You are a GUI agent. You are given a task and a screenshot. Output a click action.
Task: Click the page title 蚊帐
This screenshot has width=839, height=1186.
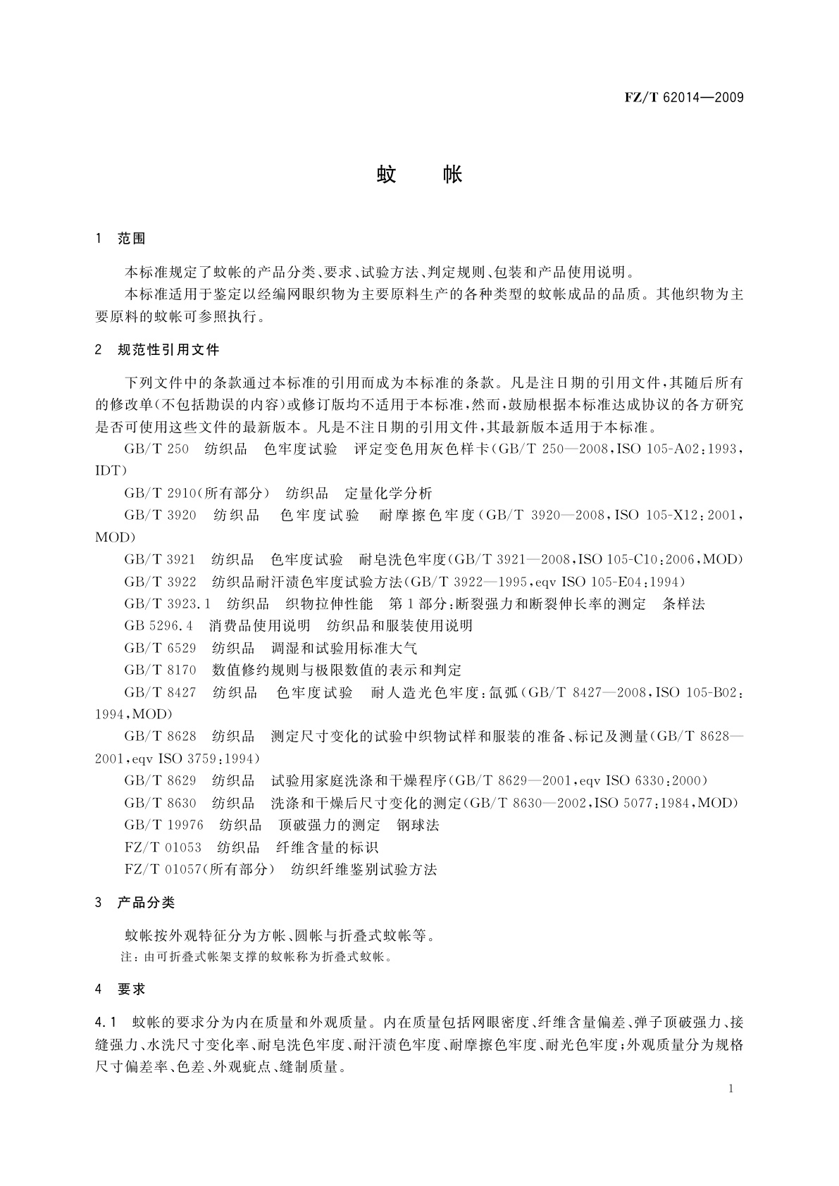click(419, 173)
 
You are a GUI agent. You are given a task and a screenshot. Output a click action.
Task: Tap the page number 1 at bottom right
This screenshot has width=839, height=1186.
click(731, 1088)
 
